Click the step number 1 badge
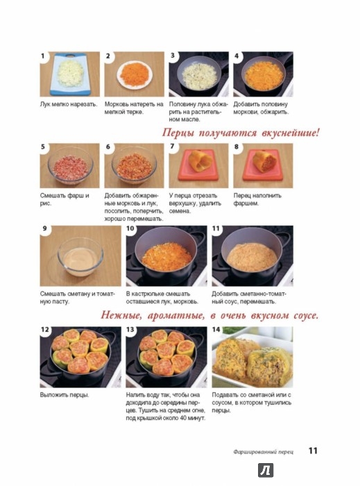point(43,56)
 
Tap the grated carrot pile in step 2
point(135,74)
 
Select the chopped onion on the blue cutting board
point(71,73)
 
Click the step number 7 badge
point(172,146)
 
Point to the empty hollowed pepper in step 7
point(201,160)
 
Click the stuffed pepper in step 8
point(264,162)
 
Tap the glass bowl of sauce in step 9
point(80,256)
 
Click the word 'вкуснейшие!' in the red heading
point(291,133)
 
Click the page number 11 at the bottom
point(313,451)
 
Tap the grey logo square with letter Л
point(266,471)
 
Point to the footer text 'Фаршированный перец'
point(264,452)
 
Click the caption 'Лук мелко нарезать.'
point(69,104)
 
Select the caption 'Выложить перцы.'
point(65,395)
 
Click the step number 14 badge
point(216,330)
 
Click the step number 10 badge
point(130,228)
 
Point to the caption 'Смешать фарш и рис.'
point(65,200)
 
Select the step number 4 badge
point(237,56)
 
